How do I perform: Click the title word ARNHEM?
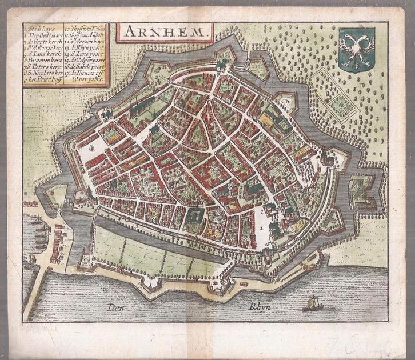click(165, 31)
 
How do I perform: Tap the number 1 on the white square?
click(262, 211)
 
